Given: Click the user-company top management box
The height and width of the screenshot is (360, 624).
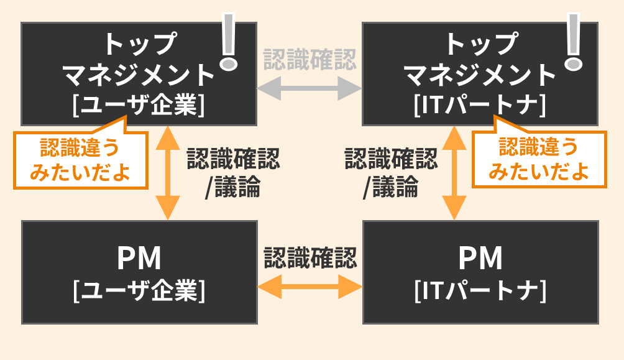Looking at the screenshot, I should (x=139, y=74).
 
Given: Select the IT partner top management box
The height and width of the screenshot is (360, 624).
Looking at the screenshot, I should (x=480, y=74).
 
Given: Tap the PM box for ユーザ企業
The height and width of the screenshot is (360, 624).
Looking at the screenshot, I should (x=139, y=272).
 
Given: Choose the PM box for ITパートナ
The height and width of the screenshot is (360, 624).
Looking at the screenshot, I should (x=480, y=272).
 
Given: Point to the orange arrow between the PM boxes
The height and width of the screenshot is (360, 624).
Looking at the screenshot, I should (x=310, y=287).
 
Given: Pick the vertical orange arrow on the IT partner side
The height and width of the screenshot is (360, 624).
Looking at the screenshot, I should (x=454, y=172).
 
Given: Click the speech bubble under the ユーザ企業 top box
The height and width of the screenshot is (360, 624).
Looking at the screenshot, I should (x=80, y=159).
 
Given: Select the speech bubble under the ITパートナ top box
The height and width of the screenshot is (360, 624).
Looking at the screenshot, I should (x=539, y=159).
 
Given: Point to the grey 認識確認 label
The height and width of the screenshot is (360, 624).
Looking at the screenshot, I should (x=310, y=60).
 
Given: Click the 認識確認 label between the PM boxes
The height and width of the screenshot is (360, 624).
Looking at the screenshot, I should (x=310, y=257).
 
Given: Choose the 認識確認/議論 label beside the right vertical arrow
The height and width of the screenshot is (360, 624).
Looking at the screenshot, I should (x=390, y=173).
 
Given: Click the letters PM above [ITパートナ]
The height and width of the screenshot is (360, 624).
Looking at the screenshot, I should (x=480, y=258).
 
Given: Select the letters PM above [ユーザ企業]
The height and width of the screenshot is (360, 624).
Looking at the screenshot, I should (x=139, y=258).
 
